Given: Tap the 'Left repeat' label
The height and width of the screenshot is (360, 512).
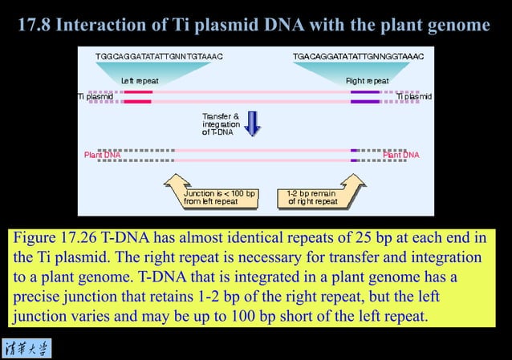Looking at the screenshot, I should click(x=140, y=81).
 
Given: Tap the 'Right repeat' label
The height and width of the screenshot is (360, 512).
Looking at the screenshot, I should click(x=367, y=81).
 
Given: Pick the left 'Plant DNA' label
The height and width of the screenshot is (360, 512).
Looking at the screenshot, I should click(x=102, y=155).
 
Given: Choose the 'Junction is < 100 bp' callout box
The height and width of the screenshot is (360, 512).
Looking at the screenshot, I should click(x=219, y=197).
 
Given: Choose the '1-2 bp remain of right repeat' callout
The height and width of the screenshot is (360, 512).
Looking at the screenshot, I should click(x=312, y=197).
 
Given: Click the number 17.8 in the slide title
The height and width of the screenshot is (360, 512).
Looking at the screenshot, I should click(x=37, y=26).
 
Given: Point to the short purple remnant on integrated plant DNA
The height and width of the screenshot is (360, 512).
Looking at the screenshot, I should click(x=354, y=155).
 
